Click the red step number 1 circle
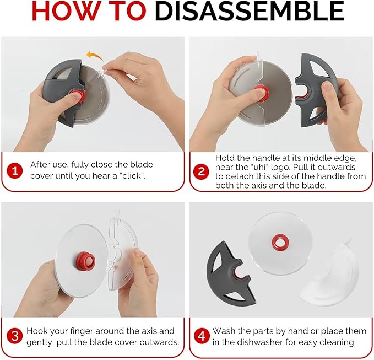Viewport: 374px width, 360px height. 15,171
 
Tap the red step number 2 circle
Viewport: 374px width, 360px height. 202,171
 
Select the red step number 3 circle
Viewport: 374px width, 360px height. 15,336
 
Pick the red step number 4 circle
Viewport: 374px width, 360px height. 202,336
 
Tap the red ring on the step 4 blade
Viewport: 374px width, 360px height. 279,243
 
